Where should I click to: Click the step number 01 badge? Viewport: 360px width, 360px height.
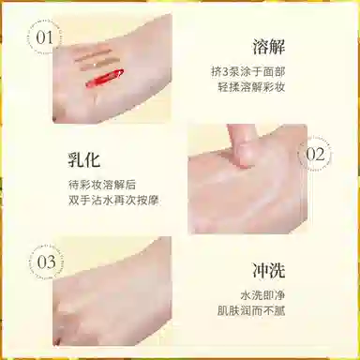[44, 38]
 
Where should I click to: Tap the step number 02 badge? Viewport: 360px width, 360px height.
[315, 155]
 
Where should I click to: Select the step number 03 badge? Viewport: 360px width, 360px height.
[46, 262]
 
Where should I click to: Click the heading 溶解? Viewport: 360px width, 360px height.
[268, 47]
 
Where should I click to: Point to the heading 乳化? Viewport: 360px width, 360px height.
[84, 159]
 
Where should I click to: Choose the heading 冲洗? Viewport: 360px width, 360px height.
[268, 270]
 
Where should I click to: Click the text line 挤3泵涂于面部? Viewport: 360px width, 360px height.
[247, 72]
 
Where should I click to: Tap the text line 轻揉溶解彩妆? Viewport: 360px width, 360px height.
[251, 87]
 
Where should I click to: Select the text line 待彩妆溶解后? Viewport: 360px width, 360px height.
[102, 185]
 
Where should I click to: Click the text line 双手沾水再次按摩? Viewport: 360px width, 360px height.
[113, 200]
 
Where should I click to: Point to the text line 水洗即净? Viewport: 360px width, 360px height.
[262, 295]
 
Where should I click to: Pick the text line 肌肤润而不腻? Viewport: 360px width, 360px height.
[251, 311]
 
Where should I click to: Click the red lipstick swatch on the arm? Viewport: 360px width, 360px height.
[105, 78]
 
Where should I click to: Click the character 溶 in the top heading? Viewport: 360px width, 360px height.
[260, 47]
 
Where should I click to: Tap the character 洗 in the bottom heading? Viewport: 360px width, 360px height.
[277, 270]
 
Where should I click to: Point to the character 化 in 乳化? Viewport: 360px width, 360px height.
[93, 159]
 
